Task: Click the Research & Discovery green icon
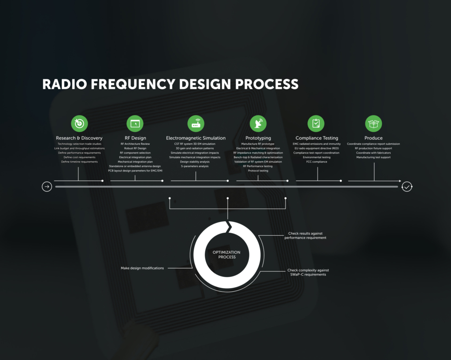pos(79,124)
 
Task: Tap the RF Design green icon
pos(135,124)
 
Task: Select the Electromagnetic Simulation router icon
pos(196,124)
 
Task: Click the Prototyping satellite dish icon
pos(258,124)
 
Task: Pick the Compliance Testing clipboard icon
pos(316,124)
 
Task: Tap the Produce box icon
pos(373,124)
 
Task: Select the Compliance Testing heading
pos(317,138)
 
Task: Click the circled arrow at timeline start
pos(47,187)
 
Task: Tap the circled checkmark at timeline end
pos(407,187)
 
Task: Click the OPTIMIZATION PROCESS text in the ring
pos(226,255)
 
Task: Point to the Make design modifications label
pos(142,268)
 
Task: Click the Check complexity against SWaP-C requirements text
pos(308,272)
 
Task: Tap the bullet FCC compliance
pos(316,162)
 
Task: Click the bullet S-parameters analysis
pos(195,166)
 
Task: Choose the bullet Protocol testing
pos(258,171)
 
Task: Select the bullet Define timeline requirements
pos(79,162)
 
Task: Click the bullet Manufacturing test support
pos(373,157)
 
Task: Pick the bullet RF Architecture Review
pos(135,144)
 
